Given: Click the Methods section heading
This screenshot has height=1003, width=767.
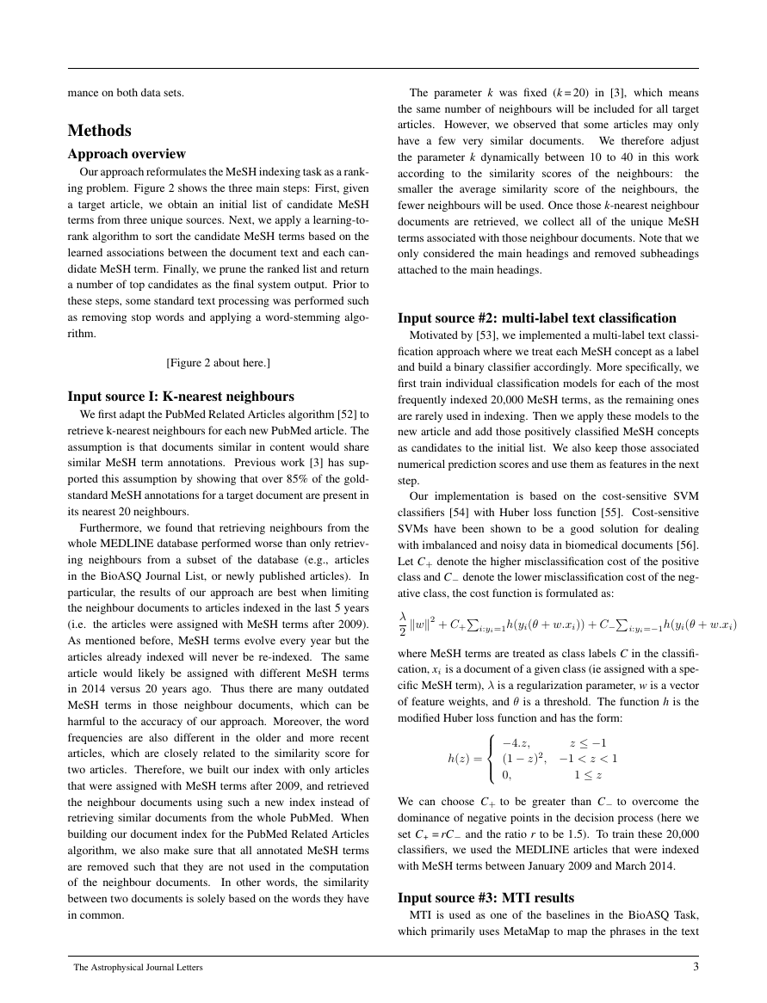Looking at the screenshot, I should pos(100,131).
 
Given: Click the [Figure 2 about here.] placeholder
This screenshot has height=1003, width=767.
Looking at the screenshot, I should pos(218,363).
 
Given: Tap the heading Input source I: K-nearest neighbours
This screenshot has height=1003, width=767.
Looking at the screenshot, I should pos(181,397).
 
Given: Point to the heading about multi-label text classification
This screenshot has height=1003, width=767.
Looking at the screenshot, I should pos(537,318).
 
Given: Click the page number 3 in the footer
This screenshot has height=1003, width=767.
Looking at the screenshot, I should pos(695,967).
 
